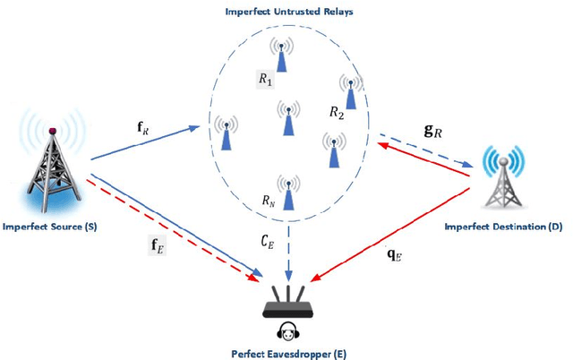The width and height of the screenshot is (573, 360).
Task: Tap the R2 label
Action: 337,113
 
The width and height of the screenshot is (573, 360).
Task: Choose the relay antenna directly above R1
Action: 283,54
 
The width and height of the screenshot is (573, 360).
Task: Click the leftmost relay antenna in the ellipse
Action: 224,133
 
